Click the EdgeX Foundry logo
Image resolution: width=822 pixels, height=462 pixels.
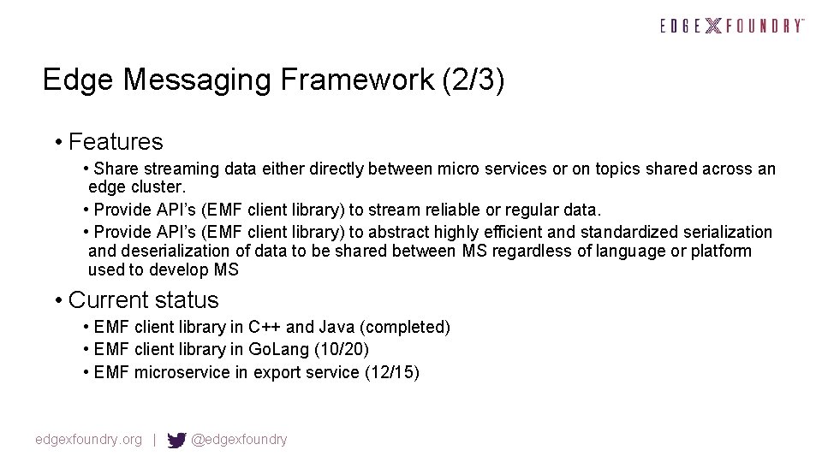tap(732, 26)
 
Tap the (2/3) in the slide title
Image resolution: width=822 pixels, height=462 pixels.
tap(474, 80)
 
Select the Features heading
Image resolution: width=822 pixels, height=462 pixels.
tap(116, 141)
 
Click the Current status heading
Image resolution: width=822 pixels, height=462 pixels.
tap(143, 300)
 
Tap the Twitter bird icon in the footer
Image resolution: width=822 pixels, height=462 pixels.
tap(176, 441)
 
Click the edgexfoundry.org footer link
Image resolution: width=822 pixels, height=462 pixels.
tap(88, 440)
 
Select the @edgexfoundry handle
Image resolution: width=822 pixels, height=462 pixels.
tap(240, 440)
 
